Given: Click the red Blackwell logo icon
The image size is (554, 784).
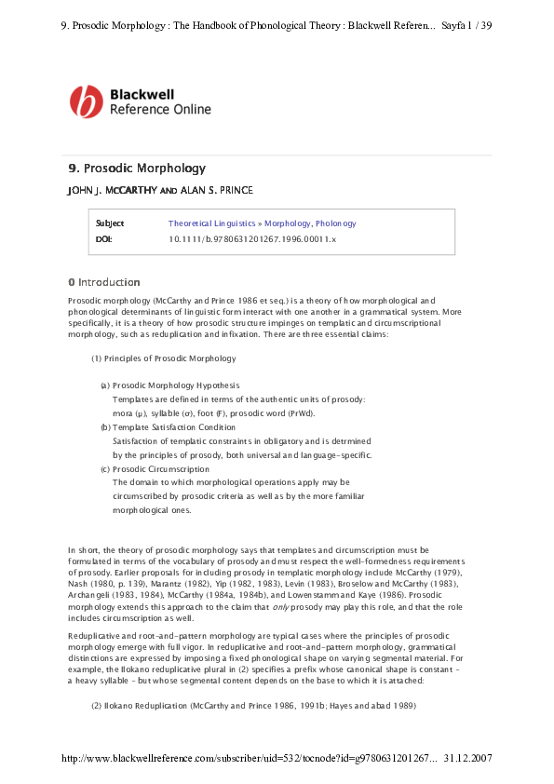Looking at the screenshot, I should point(87,101).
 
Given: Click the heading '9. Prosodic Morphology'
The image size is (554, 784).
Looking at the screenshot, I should point(137,169).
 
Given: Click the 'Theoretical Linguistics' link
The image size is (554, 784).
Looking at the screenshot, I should point(213,223).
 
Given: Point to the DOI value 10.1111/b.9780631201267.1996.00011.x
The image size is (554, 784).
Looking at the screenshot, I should point(251,239).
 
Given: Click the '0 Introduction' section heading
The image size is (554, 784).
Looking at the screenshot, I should point(104,282).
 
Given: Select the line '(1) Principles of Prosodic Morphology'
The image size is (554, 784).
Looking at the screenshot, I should point(163,358).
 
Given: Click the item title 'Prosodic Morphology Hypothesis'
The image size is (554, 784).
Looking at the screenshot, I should point(176,385).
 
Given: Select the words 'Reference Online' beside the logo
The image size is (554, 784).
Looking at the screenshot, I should point(160,109).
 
